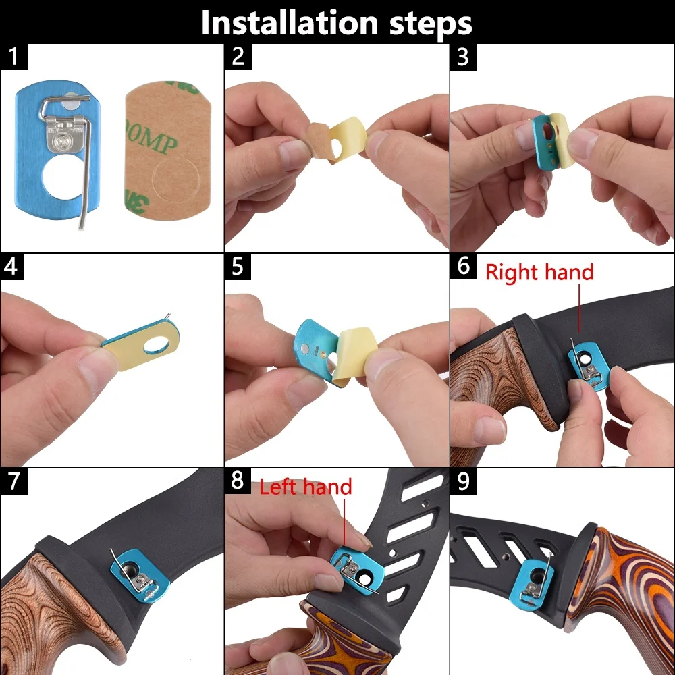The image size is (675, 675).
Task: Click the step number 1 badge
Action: click(13, 57)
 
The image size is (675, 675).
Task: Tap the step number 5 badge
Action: click(238, 267)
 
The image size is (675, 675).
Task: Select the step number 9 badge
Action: click(463, 481)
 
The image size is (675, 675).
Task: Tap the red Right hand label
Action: click(539, 273)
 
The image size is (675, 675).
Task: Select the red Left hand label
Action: click(306, 487)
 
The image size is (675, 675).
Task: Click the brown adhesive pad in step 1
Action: click(168, 151)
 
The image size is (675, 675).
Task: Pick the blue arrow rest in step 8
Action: click(356, 570)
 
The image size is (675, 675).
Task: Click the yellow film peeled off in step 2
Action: click(347, 138)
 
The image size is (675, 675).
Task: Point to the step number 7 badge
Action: click(13, 481)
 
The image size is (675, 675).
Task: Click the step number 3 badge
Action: click(463, 57)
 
